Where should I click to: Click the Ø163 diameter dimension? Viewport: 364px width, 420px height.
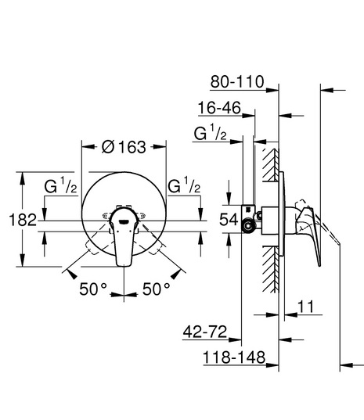click(x=124, y=147)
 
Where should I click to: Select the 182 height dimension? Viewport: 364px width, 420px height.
click(x=23, y=221)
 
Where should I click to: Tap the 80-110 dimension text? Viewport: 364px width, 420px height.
click(x=237, y=81)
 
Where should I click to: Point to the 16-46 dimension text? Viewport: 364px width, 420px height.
click(x=219, y=108)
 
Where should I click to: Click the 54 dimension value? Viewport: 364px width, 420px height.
click(x=229, y=220)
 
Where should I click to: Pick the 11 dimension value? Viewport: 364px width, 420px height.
click(x=306, y=307)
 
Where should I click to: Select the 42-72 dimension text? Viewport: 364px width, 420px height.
click(x=205, y=332)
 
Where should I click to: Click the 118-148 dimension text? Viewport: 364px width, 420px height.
click(x=234, y=357)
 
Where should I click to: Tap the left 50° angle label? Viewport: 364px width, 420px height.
click(x=93, y=289)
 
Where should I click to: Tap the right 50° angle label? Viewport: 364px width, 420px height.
click(x=157, y=289)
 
